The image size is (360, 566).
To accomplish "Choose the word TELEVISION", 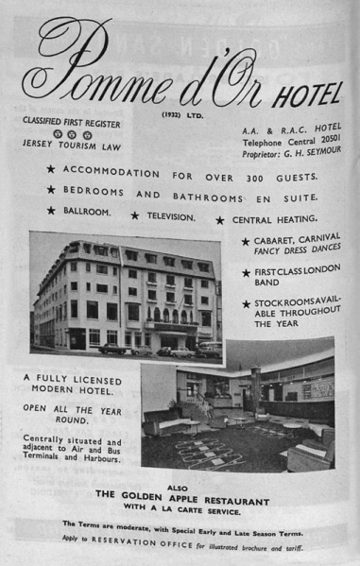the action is pyautogui.click(x=171, y=215).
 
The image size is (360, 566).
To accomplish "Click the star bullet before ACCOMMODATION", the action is pyautogui.click(x=50, y=169).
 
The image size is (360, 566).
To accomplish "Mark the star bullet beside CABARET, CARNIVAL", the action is pyautogui.click(x=246, y=242).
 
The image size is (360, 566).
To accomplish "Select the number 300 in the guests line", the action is pyautogui.click(x=249, y=175).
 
